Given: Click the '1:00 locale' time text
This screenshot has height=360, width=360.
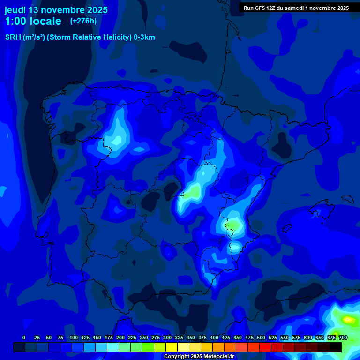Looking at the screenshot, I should click(x=33, y=21).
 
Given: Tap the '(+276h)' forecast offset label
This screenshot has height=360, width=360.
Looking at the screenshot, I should click(x=83, y=21).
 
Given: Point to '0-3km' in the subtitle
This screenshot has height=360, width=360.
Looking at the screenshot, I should click(x=144, y=37).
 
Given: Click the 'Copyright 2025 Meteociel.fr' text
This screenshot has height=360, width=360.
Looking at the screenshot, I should click(x=199, y=357).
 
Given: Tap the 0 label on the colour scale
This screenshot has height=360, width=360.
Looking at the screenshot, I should click(x=24, y=337).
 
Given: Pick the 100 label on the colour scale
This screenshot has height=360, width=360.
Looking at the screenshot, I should click(x=73, y=337).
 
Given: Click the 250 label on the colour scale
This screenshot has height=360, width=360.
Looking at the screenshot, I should click(x=143, y=337).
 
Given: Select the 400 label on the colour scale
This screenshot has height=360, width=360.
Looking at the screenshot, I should click(x=214, y=337).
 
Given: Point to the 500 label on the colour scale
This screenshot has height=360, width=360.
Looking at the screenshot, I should click(x=261, y=337).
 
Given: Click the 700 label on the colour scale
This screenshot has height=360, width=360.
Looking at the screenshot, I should click(x=343, y=337).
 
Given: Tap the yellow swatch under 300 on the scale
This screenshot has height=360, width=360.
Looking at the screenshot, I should click(x=172, y=347).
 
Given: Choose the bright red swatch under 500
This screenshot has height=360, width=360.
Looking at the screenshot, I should click(x=265, y=347).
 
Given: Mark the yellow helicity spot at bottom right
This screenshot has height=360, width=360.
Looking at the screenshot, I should click(x=348, y=320).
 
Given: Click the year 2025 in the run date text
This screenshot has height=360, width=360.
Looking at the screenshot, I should click(x=342, y=8).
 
